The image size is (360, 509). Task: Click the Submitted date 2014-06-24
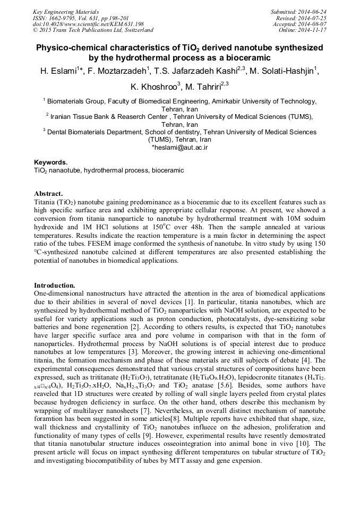[x=313, y=11]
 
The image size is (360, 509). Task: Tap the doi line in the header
[x=88, y=24]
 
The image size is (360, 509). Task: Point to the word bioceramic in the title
[x=243, y=58]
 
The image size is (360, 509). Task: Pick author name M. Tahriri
[x=203, y=88]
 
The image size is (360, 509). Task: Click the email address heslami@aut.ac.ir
[x=181, y=147]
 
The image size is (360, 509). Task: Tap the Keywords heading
[x=50, y=162]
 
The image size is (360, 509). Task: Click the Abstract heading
[x=48, y=193]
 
